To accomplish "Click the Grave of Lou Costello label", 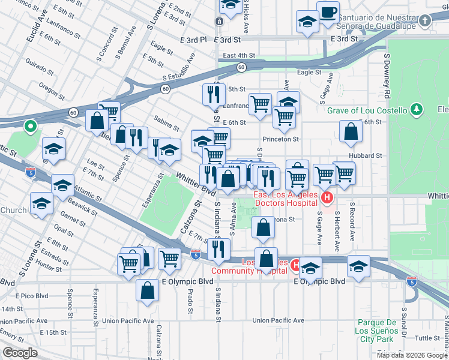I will [367, 110].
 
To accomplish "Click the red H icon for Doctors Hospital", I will [327, 197].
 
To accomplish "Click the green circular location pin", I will [30, 127].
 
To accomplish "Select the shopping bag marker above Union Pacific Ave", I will [147, 290].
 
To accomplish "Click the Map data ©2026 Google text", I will [411, 355].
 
